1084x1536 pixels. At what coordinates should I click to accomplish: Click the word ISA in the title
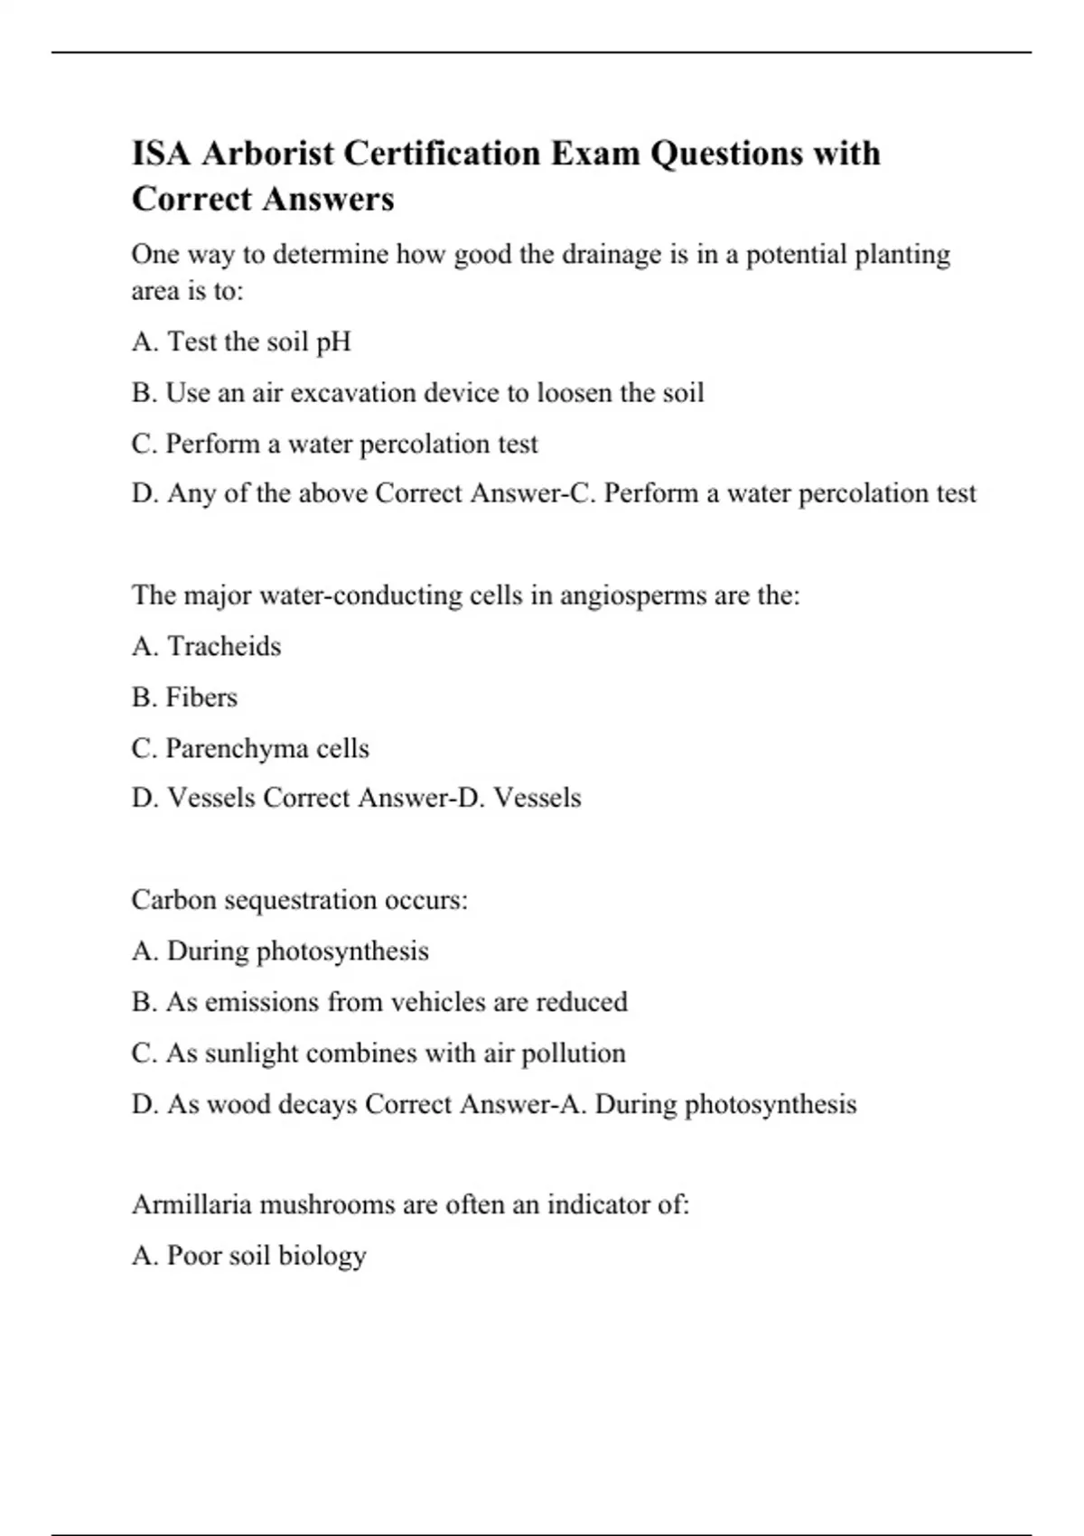(x=162, y=154)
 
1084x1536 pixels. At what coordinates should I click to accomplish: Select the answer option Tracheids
(x=224, y=647)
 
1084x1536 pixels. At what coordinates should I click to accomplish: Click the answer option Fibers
(x=201, y=698)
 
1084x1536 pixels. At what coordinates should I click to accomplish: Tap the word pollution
(x=574, y=1054)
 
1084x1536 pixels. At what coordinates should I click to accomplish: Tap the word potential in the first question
(x=796, y=255)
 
